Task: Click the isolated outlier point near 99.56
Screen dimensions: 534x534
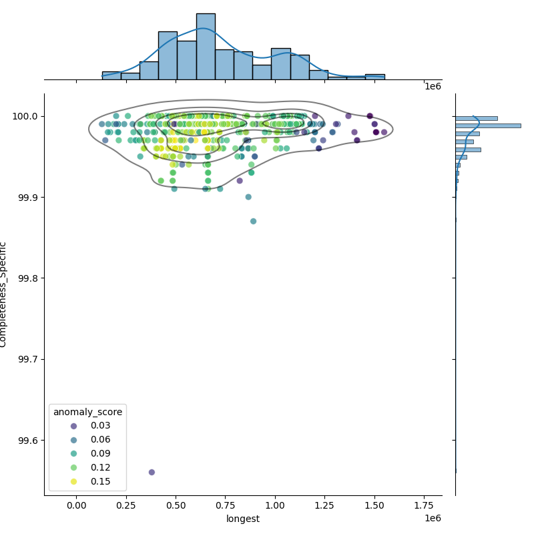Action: pyautogui.click(x=152, y=472)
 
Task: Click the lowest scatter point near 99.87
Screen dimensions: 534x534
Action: pyautogui.click(x=253, y=221)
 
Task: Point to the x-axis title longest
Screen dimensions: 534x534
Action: pyautogui.click(x=243, y=519)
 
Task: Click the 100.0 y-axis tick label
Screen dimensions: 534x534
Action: pyautogui.click(x=24, y=116)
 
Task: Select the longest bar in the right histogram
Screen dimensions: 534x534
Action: pyautogui.click(x=487, y=125)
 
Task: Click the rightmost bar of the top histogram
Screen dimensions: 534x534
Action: pyautogui.click(x=374, y=77)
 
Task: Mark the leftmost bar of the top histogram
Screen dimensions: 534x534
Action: pyautogui.click(x=111, y=75)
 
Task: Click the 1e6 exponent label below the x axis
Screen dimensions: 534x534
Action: pyautogui.click(x=433, y=519)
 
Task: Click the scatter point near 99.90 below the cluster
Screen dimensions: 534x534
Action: pyautogui.click(x=248, y=197)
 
